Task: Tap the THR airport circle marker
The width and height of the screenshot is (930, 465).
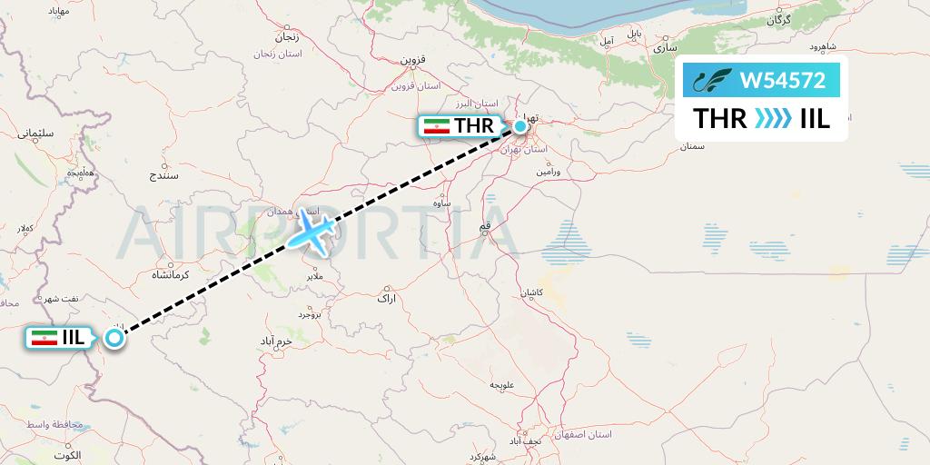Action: point(520,126)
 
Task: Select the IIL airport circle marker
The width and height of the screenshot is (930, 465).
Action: point(114,338)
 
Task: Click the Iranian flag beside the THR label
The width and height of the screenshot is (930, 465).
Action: point(438,127)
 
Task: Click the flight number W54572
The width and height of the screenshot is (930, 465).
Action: point(783,81)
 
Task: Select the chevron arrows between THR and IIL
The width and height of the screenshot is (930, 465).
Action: point(773,119)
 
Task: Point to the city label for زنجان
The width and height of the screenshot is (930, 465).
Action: point(285,37)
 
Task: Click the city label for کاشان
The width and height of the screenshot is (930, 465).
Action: point(530,294)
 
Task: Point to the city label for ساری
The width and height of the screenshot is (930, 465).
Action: point(662,43)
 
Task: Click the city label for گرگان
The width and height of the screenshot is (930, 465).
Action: point(778,19)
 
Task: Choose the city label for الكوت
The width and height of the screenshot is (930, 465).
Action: point(66,454)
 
